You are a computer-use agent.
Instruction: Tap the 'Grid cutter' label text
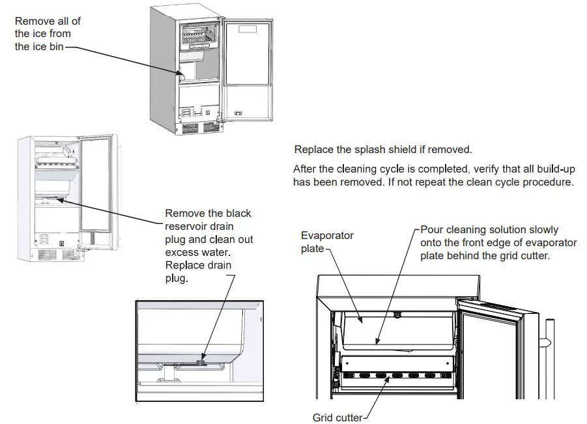coord(337,417)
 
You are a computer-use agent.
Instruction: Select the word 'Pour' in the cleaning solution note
coord(432,230)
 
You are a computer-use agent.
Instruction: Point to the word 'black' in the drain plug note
coord(236,214)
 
